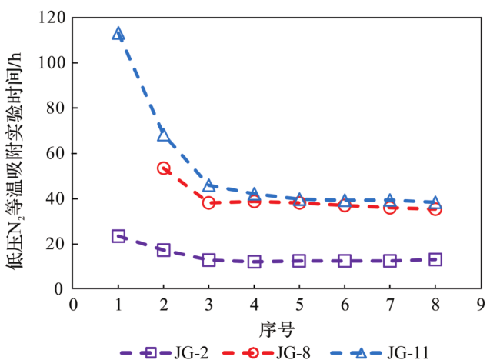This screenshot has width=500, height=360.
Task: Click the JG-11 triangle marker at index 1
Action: [118, 34]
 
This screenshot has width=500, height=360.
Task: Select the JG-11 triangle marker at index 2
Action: [164, 135]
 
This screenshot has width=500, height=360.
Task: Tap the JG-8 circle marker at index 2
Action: [164, 168]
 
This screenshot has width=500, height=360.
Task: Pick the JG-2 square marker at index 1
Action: [118, 236]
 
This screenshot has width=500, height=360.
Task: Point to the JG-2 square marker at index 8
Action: [435, 260]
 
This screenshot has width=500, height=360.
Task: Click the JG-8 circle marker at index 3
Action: [208, 202]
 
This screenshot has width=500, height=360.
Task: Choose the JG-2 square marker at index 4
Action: [254, 262]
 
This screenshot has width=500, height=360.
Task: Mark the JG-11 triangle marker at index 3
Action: [208, 186]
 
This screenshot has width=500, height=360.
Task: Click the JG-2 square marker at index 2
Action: [164, 250]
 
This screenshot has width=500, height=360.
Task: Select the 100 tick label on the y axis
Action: [55, 63]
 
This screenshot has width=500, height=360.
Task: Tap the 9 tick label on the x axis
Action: [480, 303]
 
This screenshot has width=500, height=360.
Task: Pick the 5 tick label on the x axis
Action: [299, 303]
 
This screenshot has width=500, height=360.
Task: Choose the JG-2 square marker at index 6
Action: [345, 261]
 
